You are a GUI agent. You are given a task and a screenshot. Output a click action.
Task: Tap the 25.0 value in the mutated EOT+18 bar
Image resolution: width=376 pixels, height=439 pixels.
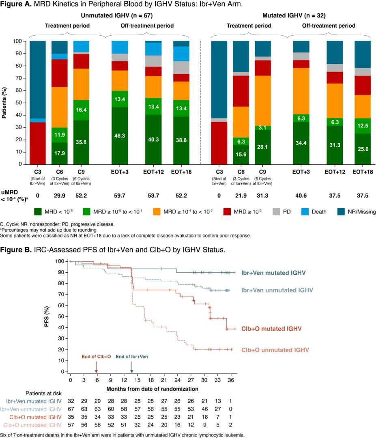(x=362, y=150)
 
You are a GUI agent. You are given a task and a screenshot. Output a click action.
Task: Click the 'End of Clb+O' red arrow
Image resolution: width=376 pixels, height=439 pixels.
(x=97, y=368)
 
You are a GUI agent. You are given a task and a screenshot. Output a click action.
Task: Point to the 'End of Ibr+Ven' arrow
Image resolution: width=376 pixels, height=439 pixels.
(x=132, y=368)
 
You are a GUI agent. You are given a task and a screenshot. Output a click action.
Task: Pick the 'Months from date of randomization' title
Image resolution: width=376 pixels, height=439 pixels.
(x=153, y=388)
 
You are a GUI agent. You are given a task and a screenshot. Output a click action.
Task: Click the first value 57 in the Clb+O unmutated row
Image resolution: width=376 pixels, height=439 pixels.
(x=71, y=425)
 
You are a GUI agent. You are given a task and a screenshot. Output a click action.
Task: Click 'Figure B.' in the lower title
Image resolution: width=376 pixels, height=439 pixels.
(x=16, y=249)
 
